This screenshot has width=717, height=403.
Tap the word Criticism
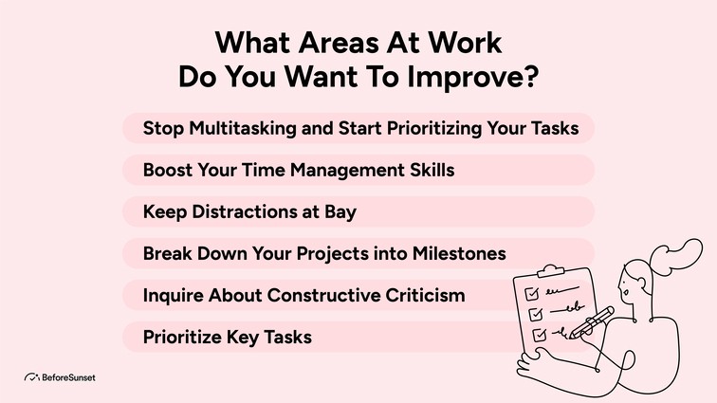pyautogui.click(x=423, y=295)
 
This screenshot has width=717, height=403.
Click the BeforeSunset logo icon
pyautogui.click(x=31, y=377)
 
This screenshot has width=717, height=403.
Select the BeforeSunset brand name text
pyautogui.click(x=69, y=377)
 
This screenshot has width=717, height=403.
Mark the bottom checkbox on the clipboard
pyautogui.click(x=537, y=335)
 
